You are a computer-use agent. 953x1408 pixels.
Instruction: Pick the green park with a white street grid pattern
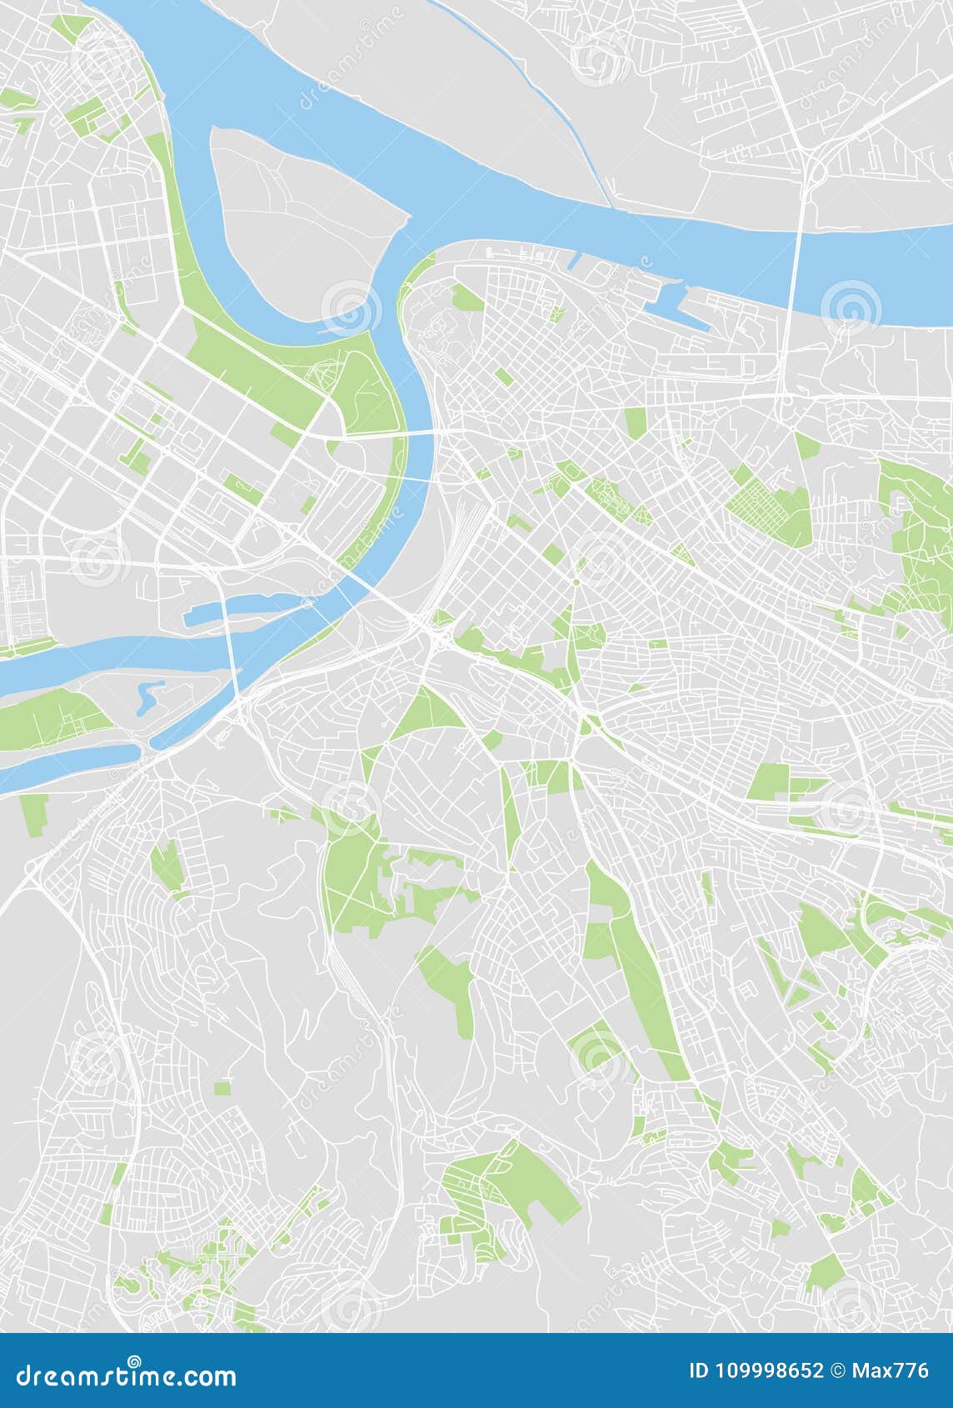point(766,504)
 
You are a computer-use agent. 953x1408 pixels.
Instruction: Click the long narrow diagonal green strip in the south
point(641,975)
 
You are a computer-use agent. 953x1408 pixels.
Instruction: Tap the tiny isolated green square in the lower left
point(222,1087)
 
